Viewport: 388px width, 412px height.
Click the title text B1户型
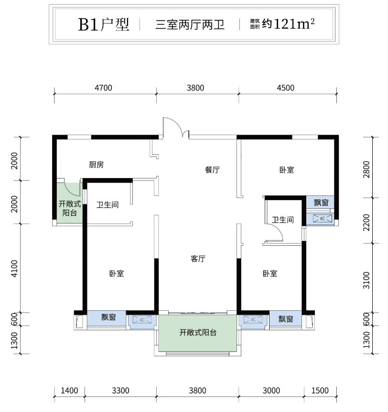(104, 24)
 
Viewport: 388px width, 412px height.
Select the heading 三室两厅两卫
(190, 25)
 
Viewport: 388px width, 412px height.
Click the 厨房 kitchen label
(96, 165)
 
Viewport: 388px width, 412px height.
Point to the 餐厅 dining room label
(212, 170)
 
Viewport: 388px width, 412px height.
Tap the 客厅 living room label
(198, 259)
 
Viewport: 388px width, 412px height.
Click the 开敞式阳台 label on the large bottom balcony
(198, 333)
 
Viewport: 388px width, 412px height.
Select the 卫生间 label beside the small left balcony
(108, 205)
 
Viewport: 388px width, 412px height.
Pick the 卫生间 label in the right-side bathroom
(283, 220)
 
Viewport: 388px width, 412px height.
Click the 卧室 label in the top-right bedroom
(287, 170)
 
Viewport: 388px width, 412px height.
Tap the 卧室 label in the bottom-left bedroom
(117, 274)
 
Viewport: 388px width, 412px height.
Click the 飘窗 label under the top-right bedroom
(321, 202)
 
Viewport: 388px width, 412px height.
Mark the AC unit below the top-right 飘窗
(323, 218)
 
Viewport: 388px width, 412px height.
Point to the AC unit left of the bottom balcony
(142, 320)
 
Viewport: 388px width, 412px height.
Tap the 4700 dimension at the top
(103, 88)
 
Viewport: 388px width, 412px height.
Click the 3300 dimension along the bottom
(120, 391)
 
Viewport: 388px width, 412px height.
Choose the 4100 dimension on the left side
(14, 268)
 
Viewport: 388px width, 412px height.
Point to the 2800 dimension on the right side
(366, 169)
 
